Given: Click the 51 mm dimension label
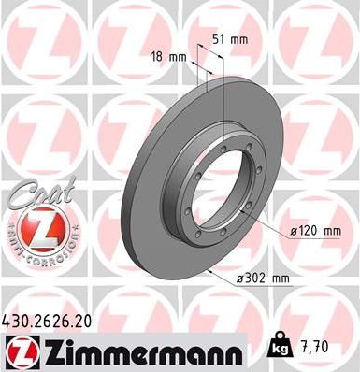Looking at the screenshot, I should point(230,39).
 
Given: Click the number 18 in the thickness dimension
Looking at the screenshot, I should point(157,57).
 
